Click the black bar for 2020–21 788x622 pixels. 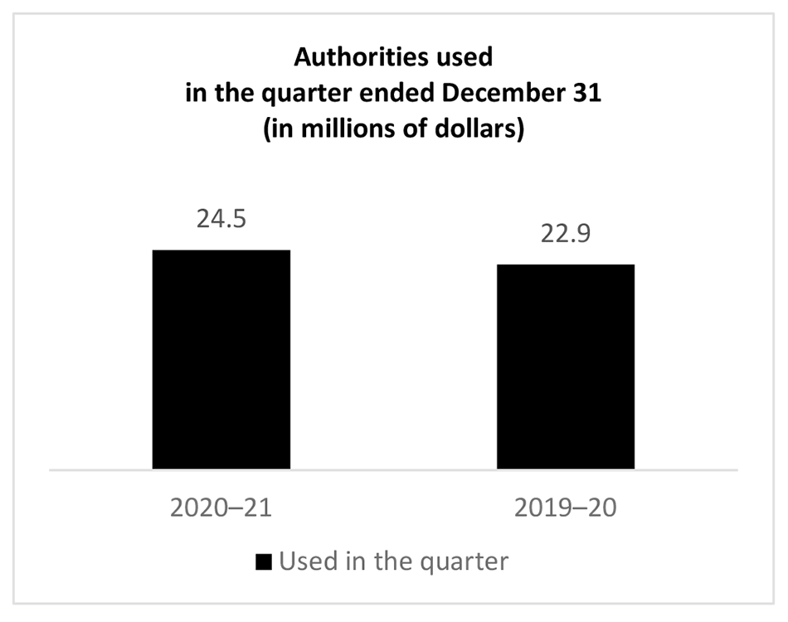221,359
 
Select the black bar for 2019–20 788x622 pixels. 565,367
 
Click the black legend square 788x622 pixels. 264,561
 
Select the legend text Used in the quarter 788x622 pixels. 392,561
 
